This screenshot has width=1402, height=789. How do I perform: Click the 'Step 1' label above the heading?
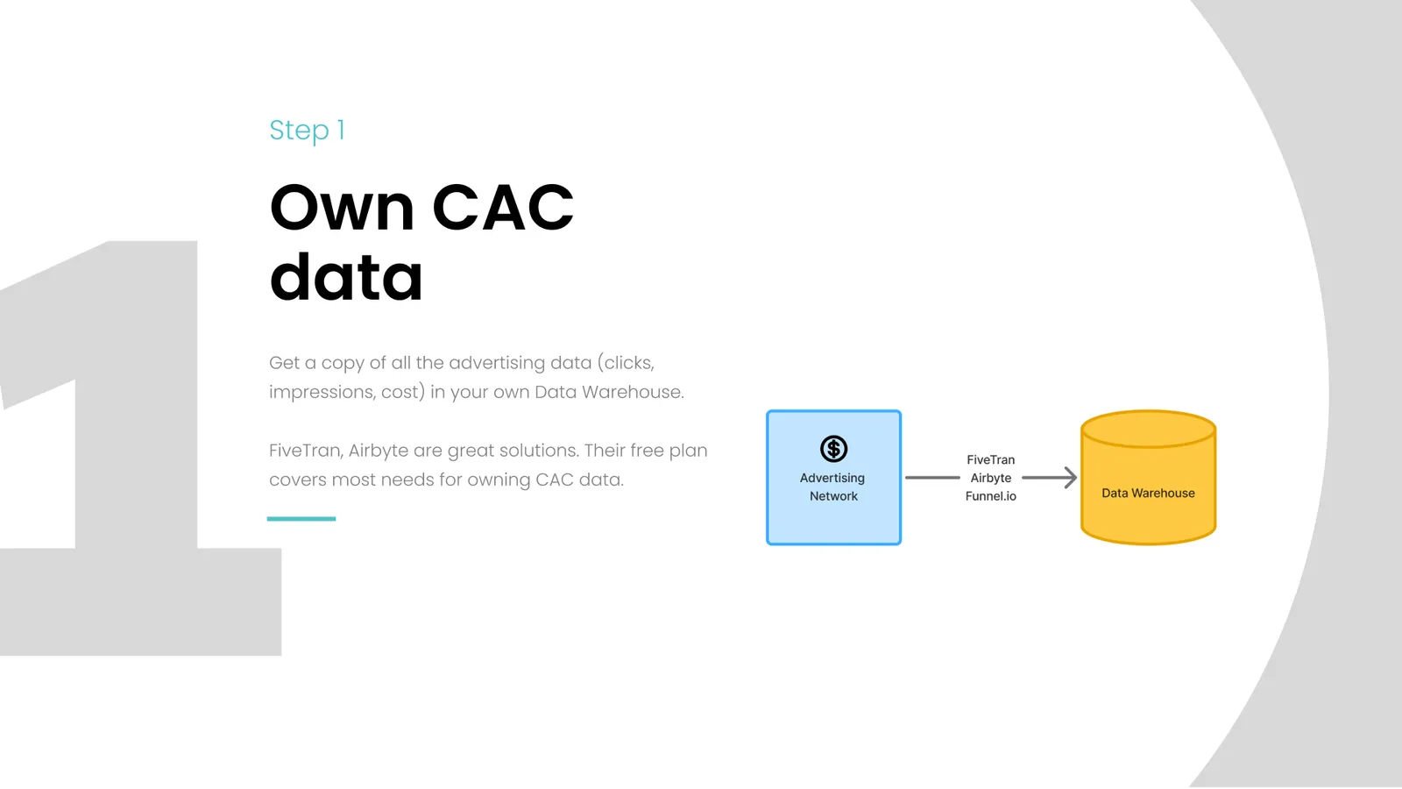coord(307,131)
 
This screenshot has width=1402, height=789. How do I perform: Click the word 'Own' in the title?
coord(342,207)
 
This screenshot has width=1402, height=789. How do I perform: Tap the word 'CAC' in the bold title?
coord(503,207)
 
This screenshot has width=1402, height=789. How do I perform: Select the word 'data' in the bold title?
coord(346,276)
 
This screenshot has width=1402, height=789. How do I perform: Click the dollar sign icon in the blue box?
coord(833,448)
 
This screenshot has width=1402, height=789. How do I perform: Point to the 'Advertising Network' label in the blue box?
coord(833,487)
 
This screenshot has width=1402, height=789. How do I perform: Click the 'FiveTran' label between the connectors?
coord(991,459)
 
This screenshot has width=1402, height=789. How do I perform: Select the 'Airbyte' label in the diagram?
coord(991,478)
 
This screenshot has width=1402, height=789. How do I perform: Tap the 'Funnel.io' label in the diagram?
coord(991,496)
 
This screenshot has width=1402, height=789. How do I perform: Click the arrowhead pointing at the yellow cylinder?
coord(1070,478)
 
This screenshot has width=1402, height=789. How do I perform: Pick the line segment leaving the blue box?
coord(932,478)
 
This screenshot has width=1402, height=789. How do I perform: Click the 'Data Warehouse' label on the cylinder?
coord(1148,493)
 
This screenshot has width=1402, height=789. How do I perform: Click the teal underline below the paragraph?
coord(301,518)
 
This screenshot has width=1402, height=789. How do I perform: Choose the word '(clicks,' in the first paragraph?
coord(626,363)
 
